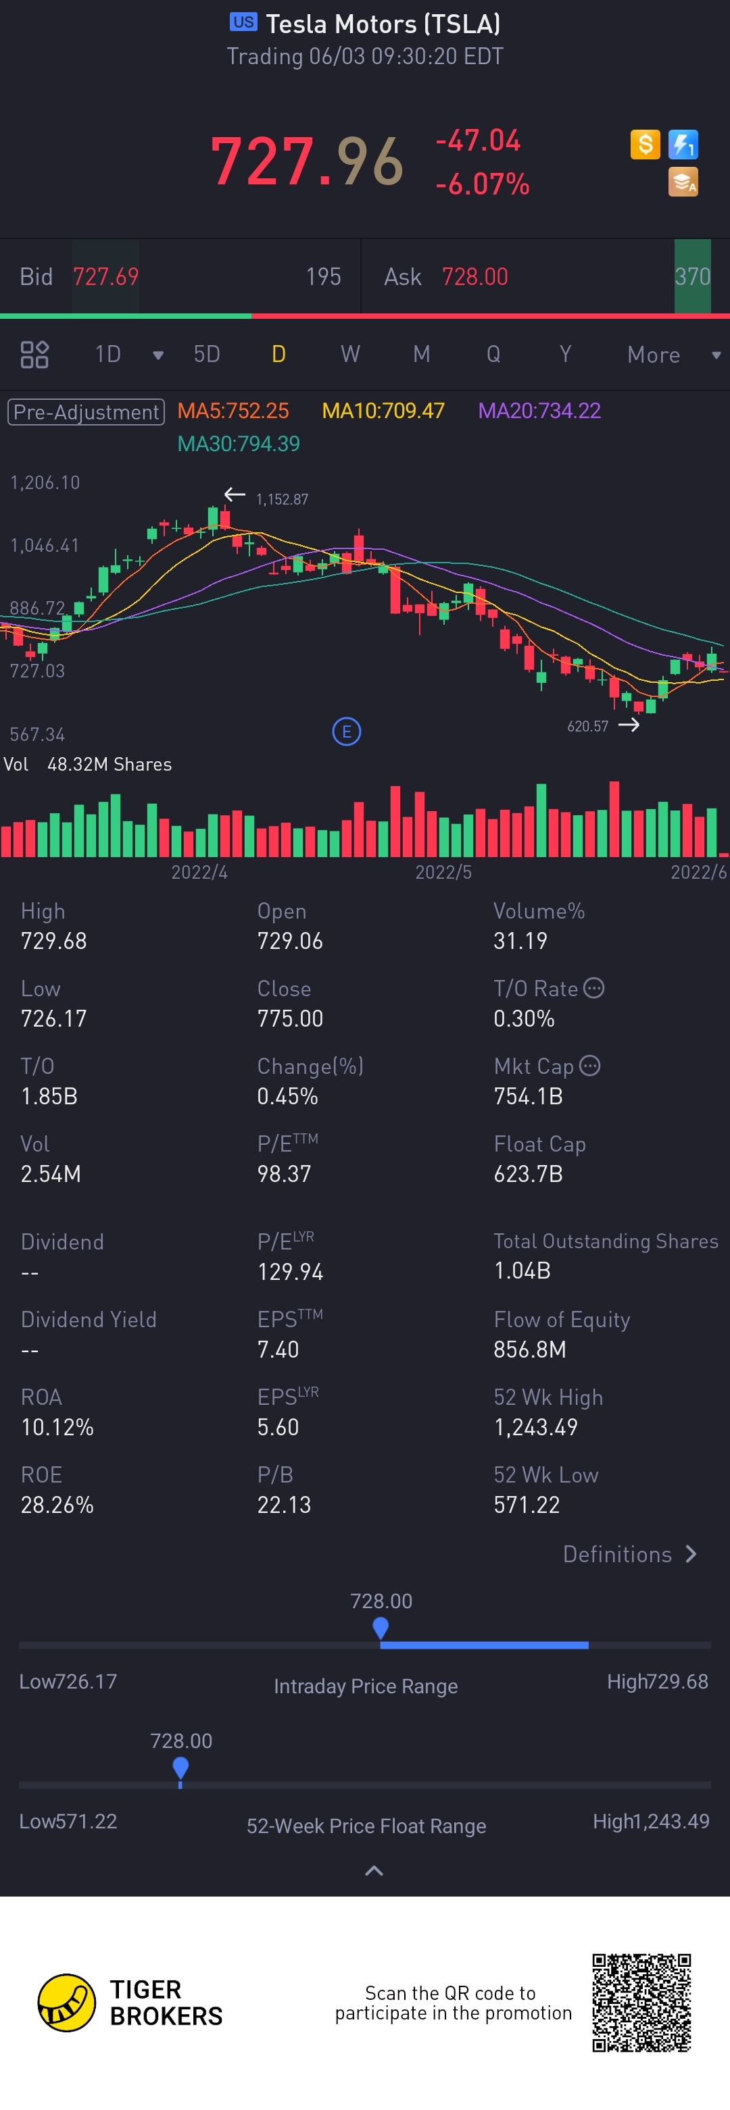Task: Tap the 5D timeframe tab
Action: [x=206, y=354]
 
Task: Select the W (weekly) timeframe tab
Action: [x=350, y=354]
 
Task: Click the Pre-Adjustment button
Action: [x=86, y=411]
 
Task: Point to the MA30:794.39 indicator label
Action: [x=239, y=444]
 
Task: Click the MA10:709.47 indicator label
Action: [x=383, y=411]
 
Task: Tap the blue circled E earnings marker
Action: [x=347, y=731]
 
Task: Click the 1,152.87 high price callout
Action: [x=282, y=499]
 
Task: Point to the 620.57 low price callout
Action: [x=587, y=725]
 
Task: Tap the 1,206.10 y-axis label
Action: [x=45, y=482]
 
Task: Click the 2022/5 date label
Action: [x=443, y=871]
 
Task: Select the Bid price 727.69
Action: [x=105, y=277]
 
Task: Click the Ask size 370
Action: [x=692, y=277]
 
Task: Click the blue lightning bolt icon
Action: [x=683, y=145]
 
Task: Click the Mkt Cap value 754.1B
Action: [x=528, y=1096]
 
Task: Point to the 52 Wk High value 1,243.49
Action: [x=535, y=1427]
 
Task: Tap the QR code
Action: [x=641, y=2002]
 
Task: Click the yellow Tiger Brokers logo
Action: [x=66, y=2002]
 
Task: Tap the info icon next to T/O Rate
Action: [x=594, y=988]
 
